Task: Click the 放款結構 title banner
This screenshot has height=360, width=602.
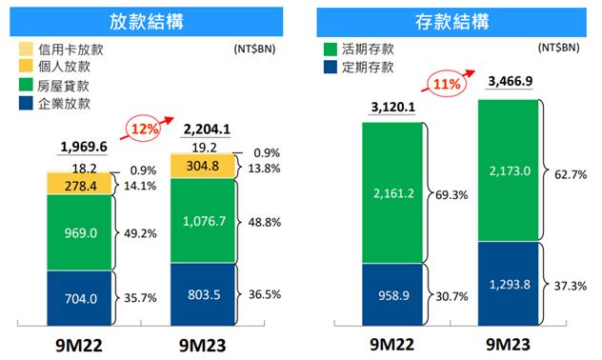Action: click(150, 22)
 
